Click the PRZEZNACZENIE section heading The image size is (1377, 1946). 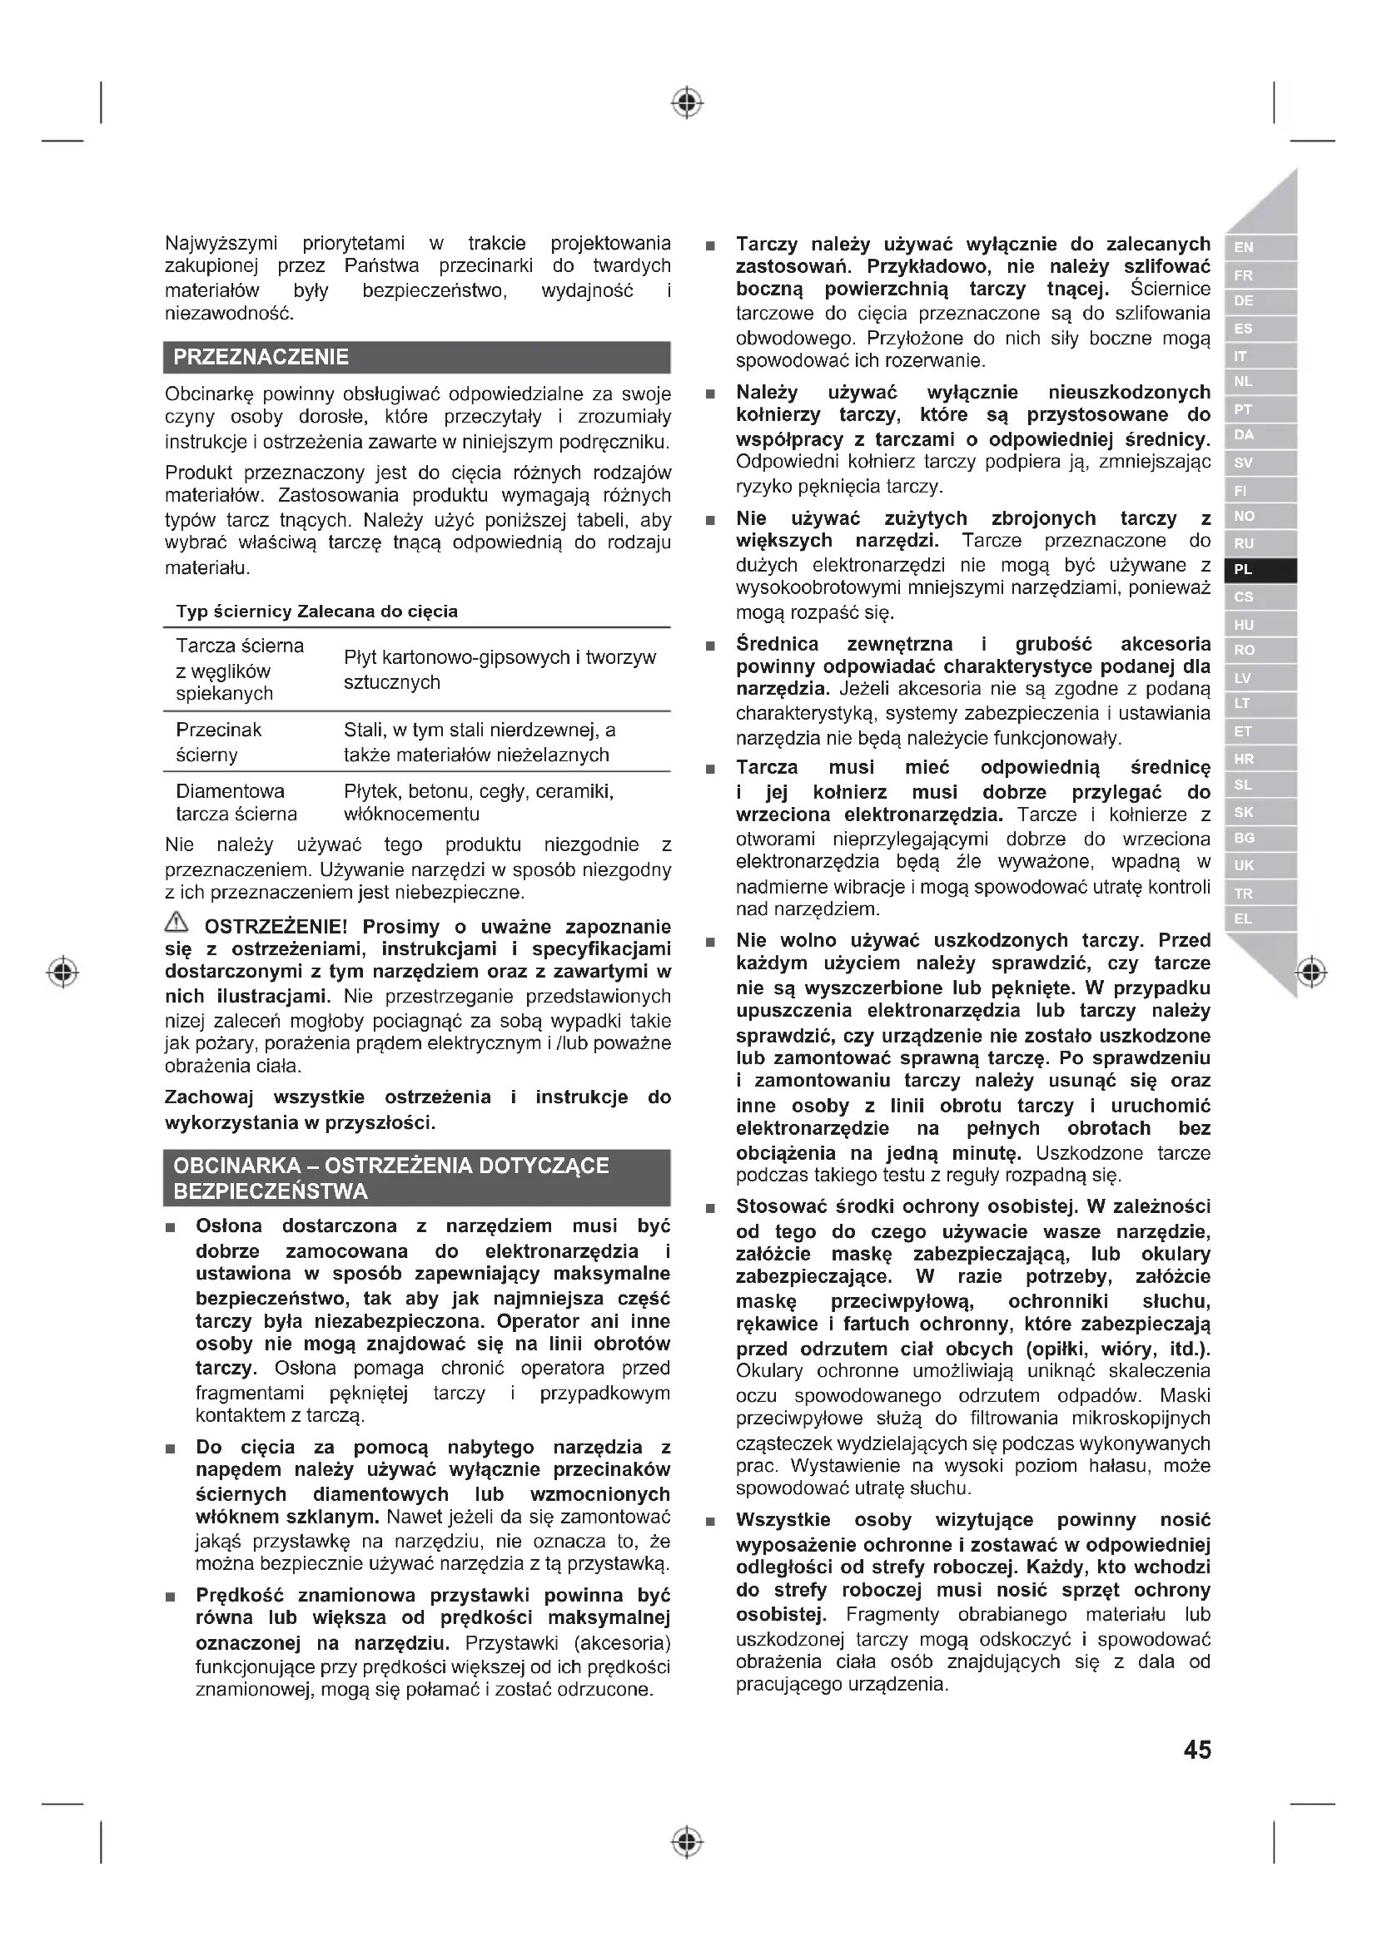tap(261, 357)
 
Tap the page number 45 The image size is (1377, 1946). tap(1196, 1750)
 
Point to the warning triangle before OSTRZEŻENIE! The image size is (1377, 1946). tap(176, 923)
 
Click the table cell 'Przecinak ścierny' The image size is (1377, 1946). tap(219, 741)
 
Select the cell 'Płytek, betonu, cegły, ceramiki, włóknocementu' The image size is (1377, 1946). tap(478, 803)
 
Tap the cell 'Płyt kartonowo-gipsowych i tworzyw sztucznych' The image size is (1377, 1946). tap(500, 670)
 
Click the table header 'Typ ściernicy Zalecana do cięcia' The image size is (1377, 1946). tap(316, 612)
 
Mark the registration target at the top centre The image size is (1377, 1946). tap(687, 103)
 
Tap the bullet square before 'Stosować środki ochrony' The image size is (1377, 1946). tap(710, 1208)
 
